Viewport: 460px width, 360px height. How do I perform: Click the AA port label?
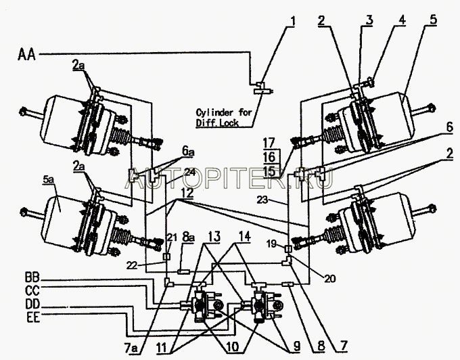pos(26,55)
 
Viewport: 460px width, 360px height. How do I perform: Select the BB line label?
pos(32,278)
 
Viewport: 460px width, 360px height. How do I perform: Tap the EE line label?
pos(33,317)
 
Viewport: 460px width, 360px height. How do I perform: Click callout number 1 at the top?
pos(292,21)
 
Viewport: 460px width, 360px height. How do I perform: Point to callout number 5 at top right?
pos(434,20)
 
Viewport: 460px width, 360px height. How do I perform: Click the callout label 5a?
pos(48,180)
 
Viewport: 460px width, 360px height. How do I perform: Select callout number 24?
pos(189,172)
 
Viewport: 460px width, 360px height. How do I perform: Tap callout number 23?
pos(263,200)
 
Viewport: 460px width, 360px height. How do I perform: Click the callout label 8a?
pos(188,237)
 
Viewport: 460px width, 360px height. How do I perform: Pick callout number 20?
pos(329,278)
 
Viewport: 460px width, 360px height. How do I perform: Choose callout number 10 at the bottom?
pos(233,347)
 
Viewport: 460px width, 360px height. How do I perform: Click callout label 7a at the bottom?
pos(131,348)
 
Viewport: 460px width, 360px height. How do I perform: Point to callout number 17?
pos(269,143)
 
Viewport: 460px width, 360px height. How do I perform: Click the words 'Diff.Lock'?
pos(217,122)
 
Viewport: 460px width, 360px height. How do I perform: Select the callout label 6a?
pos(188,152)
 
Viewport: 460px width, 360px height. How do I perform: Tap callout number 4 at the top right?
pos(402,20)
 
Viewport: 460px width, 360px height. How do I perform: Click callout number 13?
pos(214,237)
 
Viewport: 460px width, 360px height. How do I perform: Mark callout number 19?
pos(272,243)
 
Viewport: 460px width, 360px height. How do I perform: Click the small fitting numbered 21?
pos(166,256)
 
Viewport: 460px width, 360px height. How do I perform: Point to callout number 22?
pos(133,265)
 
